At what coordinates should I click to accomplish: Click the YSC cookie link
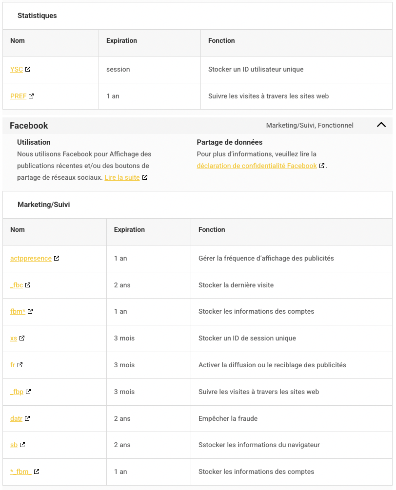[x=17, y=70]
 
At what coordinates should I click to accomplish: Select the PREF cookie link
[x=18, y=96]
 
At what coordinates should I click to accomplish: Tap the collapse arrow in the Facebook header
[x=381, y=125]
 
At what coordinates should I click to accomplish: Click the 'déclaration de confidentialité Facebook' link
[x=257, y=166]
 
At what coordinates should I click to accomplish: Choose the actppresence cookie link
[x=31, y=259]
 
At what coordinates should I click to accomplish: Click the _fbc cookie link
[x=17, y=285]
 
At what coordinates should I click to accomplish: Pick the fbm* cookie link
[x=18, y=312]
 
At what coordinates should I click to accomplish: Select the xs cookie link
[x=14, y=339]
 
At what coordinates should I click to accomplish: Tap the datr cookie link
[x=16, y=418]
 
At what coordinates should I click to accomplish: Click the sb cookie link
[x=14, y=445]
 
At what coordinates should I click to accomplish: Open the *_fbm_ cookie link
[x=21, y=472]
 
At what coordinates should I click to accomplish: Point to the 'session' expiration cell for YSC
[x=118, y=70]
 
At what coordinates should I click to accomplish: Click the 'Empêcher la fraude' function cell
[x=228, y=418]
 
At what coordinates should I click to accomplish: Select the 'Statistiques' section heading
[x=37, y=16]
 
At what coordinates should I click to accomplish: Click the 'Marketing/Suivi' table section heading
[x=44, y=205]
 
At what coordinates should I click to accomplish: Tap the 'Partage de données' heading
[x=230, y=142]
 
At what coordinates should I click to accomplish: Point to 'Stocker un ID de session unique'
[x=247, y=339]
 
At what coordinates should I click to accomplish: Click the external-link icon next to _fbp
[x=28, y=392]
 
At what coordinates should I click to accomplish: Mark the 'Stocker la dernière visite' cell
[x=236, y=285]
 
